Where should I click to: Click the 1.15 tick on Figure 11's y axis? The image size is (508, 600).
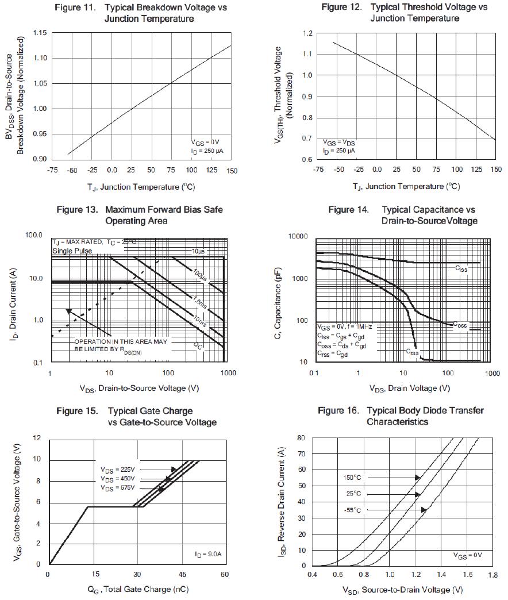coord(39,33)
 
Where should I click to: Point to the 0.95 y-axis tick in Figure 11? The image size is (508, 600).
coord(39,134)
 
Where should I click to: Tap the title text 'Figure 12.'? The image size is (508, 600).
coord(341,7)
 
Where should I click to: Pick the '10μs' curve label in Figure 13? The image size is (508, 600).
coord(198,251)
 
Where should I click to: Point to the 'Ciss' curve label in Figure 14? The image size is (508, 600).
coord(461,268)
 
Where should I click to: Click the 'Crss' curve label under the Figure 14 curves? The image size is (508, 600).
coord(413,351)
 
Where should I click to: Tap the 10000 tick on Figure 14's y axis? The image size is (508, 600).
coord(298,236)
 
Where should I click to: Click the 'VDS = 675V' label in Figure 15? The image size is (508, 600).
coord(117,488)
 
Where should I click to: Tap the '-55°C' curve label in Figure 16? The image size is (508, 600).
coord(353,510)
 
